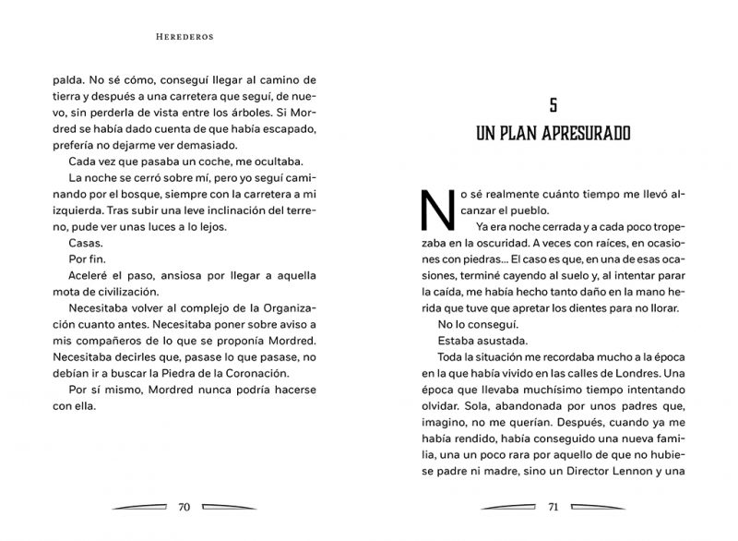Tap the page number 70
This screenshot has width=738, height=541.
click(x=183, y=506)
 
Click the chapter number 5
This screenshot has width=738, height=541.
click(x=553, y=104)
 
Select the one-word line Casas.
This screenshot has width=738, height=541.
click(x=86, y=243)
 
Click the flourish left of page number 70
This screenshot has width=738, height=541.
click(x=139, y=506)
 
